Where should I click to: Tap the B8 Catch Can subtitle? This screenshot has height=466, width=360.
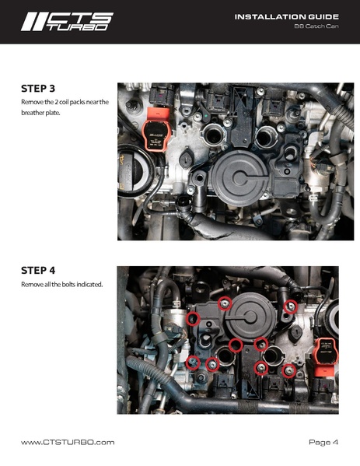click(316, 26)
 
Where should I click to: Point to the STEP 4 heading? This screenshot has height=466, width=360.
click(39, 272)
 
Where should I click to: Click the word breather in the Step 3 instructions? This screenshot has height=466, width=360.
click(33, 113)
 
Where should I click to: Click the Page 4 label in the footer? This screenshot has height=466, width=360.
click(323, 442)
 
